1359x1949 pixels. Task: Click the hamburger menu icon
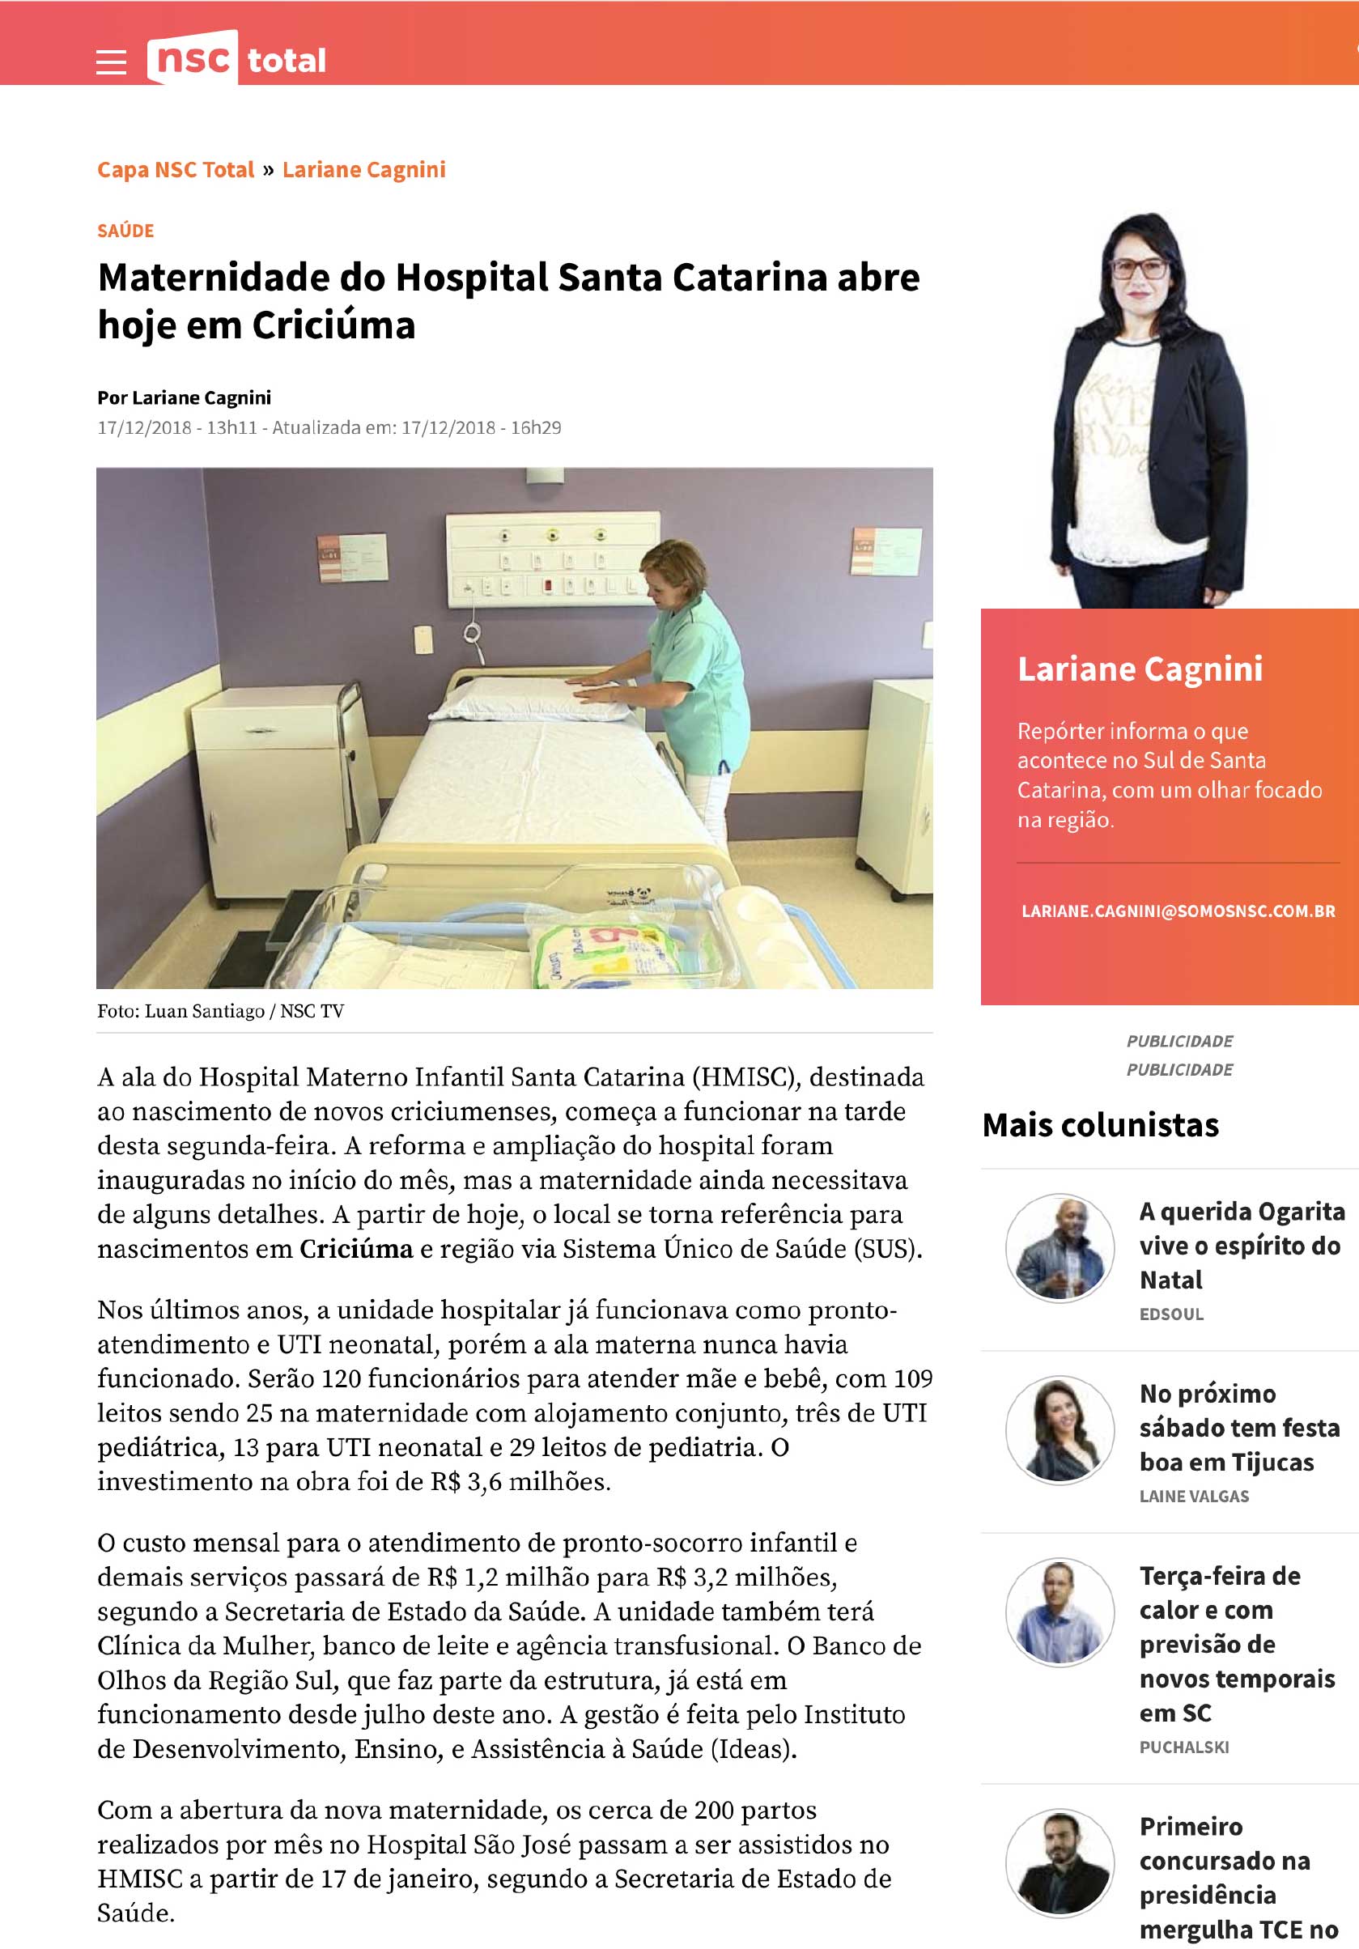pos(111,62)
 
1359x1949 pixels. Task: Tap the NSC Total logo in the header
pos(237,58)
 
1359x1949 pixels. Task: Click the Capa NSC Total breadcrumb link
pos(176,170)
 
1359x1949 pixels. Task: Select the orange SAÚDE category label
pos(125,231)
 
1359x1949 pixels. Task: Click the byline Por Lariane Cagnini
pos(185,397)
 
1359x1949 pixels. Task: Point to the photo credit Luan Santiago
pos(204,1011)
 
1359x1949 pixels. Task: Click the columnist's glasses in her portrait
pos(1137,269)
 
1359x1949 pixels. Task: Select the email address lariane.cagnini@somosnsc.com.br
pos(1179,911)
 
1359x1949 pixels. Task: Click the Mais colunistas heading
pos(1100,1125)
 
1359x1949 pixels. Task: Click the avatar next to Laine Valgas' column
pos(1060,1429)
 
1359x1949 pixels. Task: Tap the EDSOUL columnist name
pos(1171,1314)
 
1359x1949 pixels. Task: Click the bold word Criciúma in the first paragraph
pos(356,1249)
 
